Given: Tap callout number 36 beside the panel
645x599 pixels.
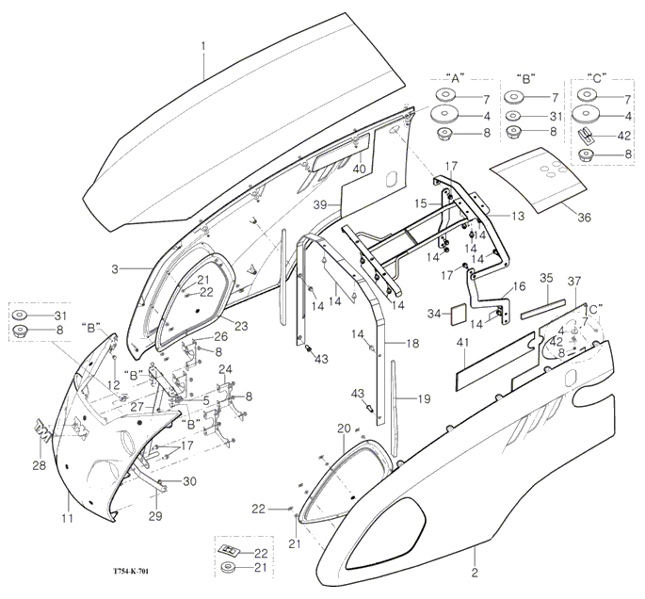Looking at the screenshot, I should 584,218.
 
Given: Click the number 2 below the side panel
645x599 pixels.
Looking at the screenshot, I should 475,572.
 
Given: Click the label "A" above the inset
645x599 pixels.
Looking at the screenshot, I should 455,76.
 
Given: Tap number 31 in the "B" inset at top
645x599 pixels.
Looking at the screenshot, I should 554,116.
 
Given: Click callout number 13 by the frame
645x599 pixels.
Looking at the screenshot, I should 518,216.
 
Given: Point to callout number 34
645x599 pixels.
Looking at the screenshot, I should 433,313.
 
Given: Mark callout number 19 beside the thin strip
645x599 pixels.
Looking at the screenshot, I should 424,399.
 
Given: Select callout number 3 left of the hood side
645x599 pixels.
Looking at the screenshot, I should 114,269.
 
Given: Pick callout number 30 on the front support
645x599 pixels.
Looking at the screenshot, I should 189,481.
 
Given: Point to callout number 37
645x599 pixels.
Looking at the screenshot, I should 575,282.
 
